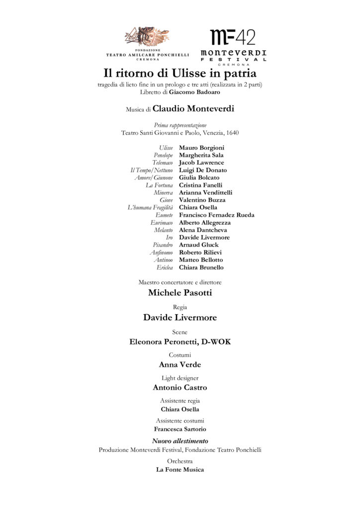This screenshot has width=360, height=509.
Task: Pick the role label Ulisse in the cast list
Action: [166, 148]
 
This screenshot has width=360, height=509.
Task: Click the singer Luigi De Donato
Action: [203, 170]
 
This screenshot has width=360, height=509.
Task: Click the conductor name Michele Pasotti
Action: [180, 293]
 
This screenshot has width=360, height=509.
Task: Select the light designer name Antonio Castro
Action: [180, 388]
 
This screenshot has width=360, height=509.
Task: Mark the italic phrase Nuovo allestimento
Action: [180, 441]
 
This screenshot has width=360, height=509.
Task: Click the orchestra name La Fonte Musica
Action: [180, 470]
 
